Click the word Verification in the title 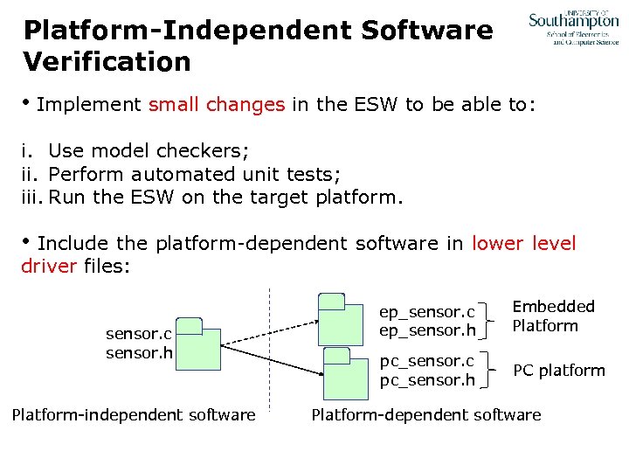point(107,62)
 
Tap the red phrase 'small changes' point(217,105)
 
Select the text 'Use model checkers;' point(143,149)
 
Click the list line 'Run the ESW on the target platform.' point(226,197)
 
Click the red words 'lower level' point(524,243)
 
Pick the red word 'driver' point(49,266)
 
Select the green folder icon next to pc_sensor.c point(345,372)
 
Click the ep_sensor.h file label point(426,331)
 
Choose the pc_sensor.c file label point(426,361)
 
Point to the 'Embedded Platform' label point(553,316)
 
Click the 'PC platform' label point(558,371)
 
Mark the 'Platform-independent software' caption point(134,415)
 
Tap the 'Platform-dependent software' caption point(426,415)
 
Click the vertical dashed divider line point(271,385)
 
